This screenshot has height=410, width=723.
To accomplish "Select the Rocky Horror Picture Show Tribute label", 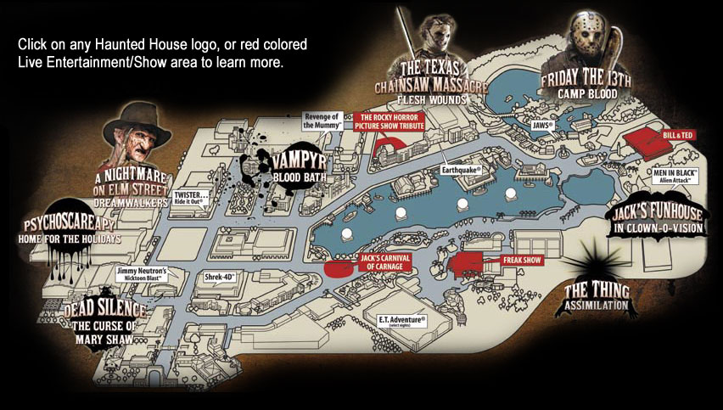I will [x=392, y=122].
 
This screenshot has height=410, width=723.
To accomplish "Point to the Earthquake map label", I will [x=462, y=169].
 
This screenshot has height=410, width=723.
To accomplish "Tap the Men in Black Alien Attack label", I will [x=675, y=176].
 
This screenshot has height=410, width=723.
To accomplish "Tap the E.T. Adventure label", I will [x=406, y=319].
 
